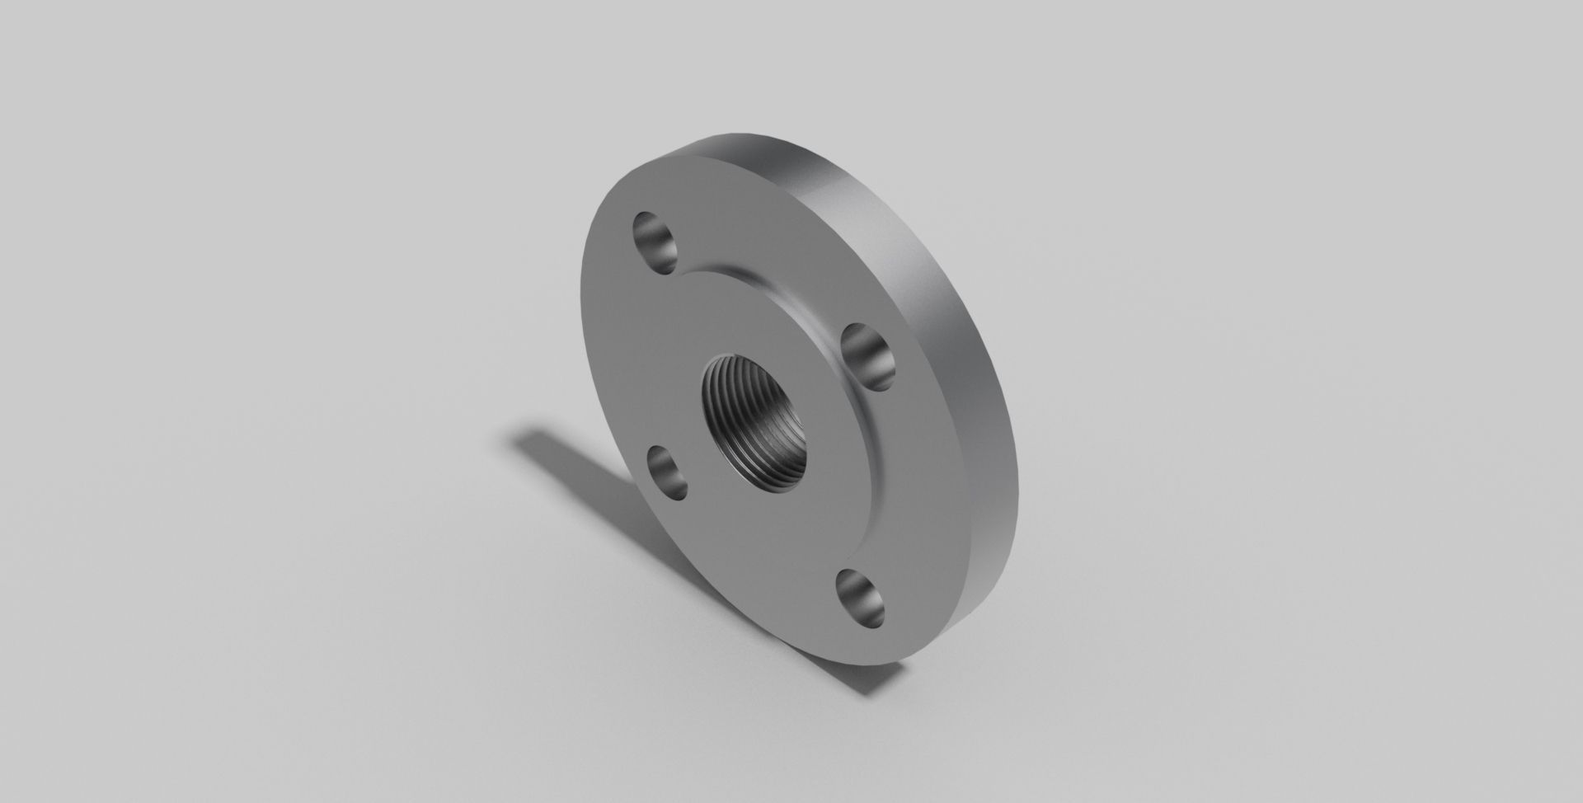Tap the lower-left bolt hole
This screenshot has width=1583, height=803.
[x=666, y=472]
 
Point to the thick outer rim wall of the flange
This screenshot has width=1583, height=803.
[x=932, y=330]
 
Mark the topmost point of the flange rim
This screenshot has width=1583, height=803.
[x=742, y=136]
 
